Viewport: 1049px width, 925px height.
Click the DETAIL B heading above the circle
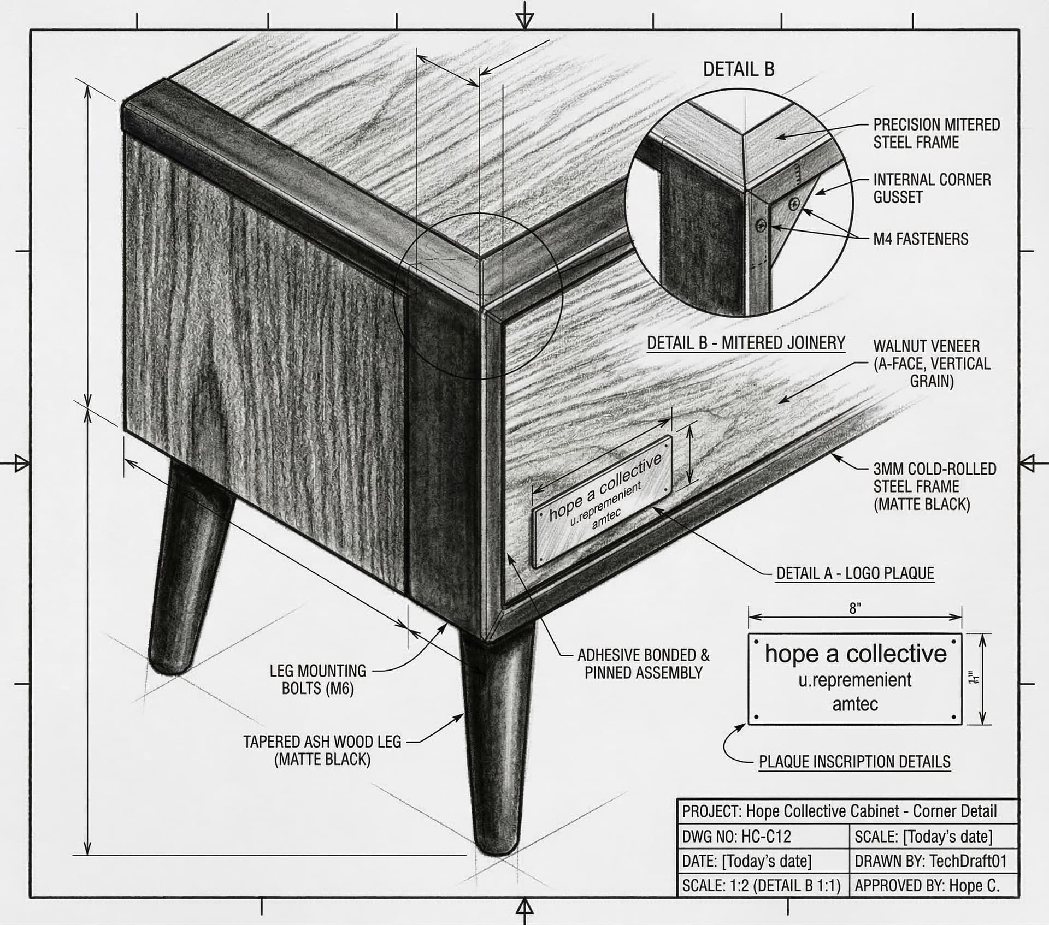point(738,69)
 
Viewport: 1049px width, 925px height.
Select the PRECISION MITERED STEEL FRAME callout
point(936,133)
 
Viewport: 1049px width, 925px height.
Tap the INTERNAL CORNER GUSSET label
point(932,188)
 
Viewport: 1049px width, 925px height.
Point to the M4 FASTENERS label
point(920,239)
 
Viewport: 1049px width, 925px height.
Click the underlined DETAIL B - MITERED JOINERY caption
point(746,343)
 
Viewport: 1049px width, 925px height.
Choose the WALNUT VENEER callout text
point(931,363)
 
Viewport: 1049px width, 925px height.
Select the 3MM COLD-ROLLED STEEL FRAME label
point(934,487)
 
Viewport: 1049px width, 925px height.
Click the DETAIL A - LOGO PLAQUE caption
point(855,573)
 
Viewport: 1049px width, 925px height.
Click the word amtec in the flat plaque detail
point(855,704)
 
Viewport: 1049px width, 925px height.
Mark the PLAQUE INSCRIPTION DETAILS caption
point(854,762)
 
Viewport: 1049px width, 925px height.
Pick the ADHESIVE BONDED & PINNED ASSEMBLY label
point(644,664)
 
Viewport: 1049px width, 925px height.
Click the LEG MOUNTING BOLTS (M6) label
point(317,679)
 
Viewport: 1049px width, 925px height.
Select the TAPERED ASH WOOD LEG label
point(322,750)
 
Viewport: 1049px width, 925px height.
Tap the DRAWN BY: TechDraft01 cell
point(930,861)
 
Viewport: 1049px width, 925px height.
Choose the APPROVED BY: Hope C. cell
point(927,886)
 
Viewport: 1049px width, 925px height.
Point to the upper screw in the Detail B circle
point(794,204)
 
